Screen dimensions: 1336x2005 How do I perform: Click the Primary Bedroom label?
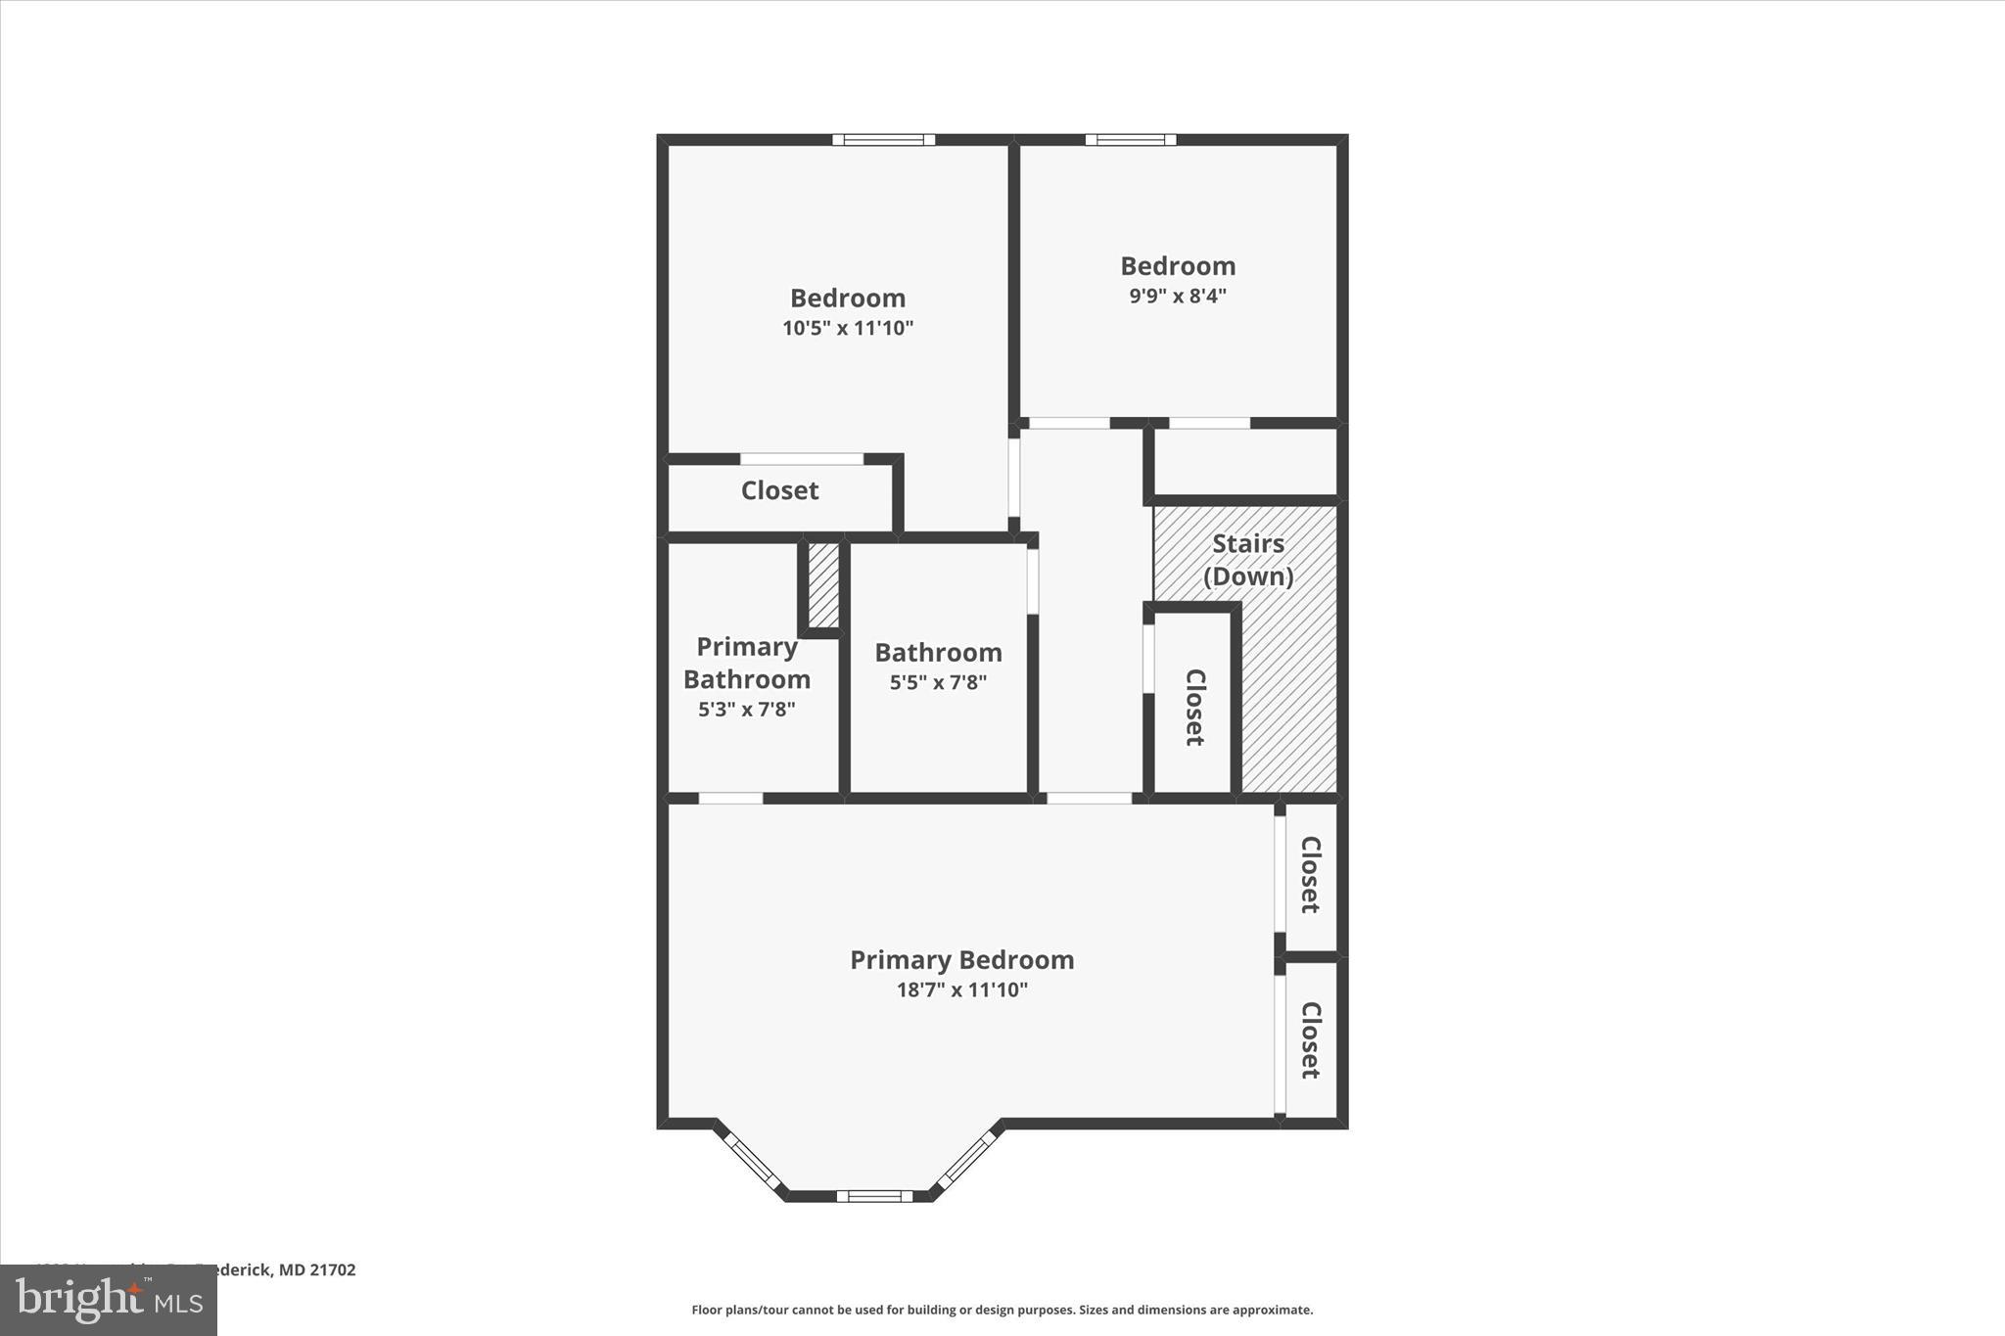961,959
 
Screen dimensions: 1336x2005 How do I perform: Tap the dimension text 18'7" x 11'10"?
961,990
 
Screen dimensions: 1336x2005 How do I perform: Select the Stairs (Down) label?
1247,560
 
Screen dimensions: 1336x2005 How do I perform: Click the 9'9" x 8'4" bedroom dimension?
1178,296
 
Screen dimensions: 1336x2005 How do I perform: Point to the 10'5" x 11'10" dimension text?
847,328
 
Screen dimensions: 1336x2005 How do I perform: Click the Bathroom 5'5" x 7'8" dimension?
938,682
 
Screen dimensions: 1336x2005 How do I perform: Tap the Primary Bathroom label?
747,663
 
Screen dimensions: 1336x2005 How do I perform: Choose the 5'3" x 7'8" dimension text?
747,710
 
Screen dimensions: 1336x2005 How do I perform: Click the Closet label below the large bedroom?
779,490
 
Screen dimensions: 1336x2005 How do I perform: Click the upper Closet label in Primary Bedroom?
1311,874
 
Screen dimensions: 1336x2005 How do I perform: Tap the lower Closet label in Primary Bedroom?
1311,1039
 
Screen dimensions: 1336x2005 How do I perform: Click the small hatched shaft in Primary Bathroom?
823,585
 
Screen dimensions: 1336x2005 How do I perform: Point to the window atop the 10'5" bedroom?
883,140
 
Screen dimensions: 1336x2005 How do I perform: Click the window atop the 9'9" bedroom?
1131,140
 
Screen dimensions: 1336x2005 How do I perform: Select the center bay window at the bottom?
874,1195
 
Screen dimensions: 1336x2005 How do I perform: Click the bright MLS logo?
109,1300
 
